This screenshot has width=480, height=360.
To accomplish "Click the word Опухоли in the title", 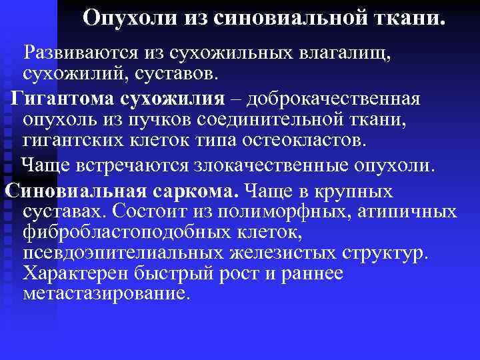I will pyautogui.click(x=125, y=18).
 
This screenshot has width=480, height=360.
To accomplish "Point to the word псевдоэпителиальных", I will pyautogui.click(x=119, y=254).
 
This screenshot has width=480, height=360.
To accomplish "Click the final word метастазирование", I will pyautogui.click(x=106, y=293).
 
